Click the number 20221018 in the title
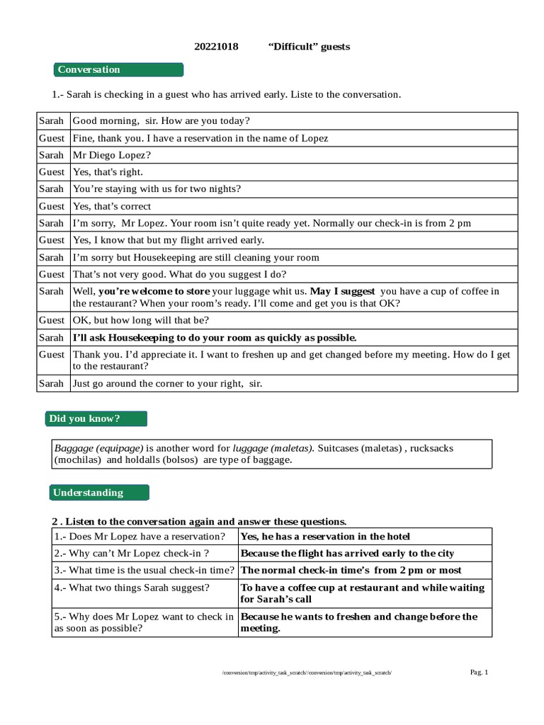point(216,47)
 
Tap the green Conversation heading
point(118,69)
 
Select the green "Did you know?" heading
point(96,418)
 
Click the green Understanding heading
point(100,492)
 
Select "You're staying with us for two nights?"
point(157,189)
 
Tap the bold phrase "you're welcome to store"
point(154,291)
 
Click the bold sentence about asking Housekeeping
point(215,338)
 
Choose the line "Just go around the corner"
point(167,384)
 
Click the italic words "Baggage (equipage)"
point(98,448)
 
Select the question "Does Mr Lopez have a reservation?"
point(140,536)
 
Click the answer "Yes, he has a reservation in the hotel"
point(325,536)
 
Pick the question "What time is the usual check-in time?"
point(144,570)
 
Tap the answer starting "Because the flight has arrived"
point(347,553)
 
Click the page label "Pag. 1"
point(480,672)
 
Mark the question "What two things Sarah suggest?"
point(132,587)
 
